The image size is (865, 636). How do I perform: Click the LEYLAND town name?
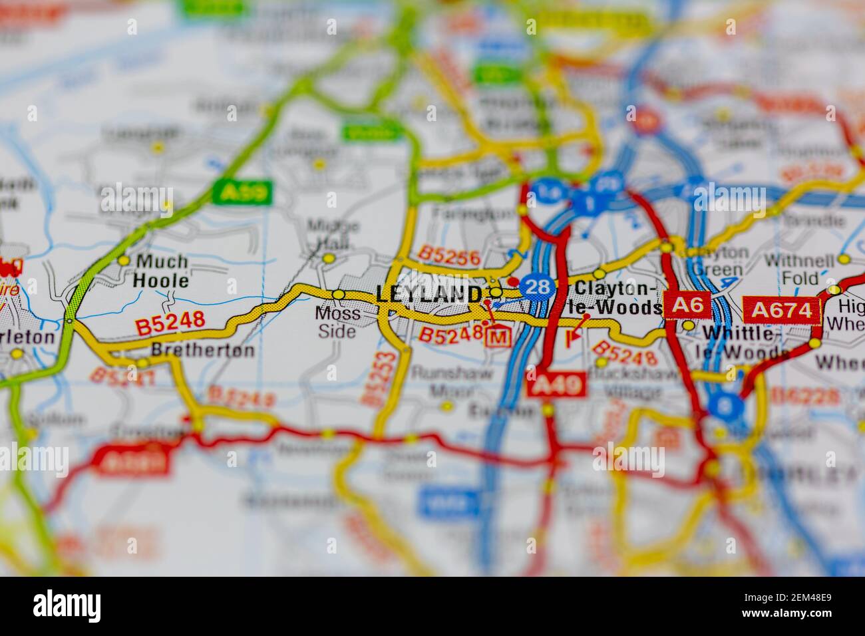point(429,294)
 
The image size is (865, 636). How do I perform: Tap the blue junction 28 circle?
point(537,287)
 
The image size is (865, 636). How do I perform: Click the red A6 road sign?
point(687,305)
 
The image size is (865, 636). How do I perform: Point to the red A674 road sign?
point(782,310)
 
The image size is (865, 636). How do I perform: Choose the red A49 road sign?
point(556,384)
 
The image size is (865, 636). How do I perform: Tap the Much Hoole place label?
point(160,271)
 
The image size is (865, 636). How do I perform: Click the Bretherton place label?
point(203,350)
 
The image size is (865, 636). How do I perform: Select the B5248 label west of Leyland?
point(170,323)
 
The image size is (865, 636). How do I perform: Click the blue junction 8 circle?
point(725,403)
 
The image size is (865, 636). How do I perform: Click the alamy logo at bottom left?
point(67,605)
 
